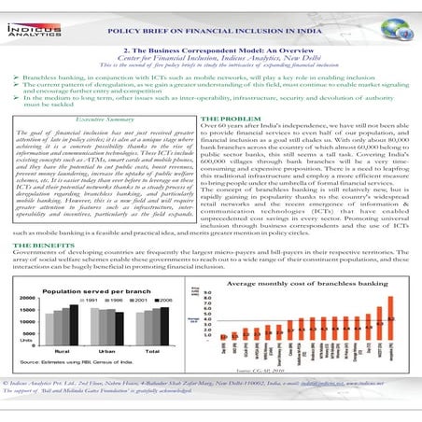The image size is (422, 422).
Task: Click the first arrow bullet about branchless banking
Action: click(x=8, y=71)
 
